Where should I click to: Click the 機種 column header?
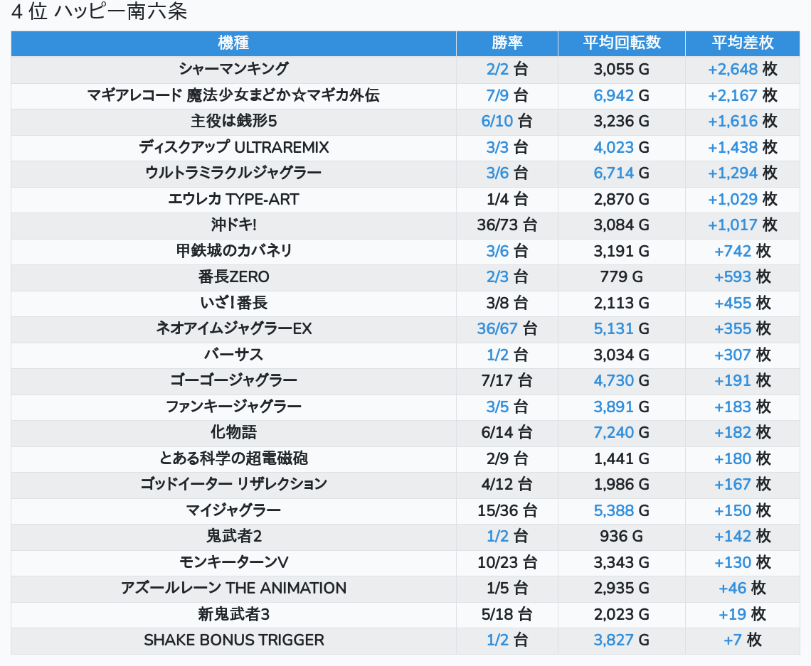tap(233, 43)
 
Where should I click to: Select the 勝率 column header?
tap(507, 43)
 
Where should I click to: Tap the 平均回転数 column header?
tap(621, 43)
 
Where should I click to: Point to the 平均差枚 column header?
tap(742, 43)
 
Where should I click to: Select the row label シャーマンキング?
tap(233, 69)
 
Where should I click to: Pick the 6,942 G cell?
tap(621, 95)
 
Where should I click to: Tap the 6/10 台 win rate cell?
tap(507, 121)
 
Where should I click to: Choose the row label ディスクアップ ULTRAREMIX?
tap(233, 147)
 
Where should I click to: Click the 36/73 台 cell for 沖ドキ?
tap(507, 225)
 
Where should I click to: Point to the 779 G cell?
tap(621, 276)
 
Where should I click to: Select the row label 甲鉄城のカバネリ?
tap(233, 251)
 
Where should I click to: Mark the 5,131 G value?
tap(621, 328)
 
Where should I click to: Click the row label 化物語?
tap(233, 432)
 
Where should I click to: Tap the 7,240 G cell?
tap(621, 432)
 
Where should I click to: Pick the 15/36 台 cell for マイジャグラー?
tap(507, 510)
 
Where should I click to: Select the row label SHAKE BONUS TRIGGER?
tap(233, 640)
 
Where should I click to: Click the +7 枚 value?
tap(742, 640)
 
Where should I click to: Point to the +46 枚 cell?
tap(742, 588)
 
